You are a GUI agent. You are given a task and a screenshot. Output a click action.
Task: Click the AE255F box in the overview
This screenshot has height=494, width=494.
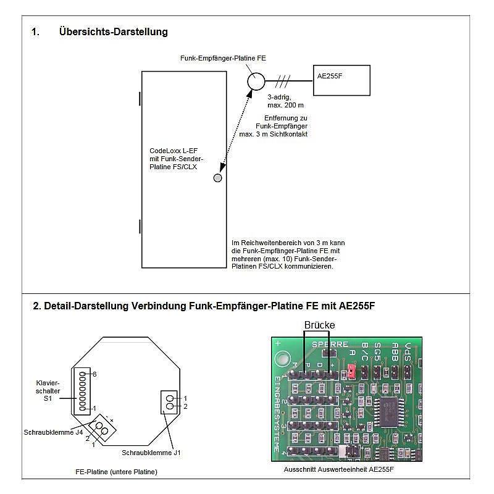[x=341, y=80]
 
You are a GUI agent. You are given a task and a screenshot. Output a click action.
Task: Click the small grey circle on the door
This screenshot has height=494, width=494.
[x=217, y=178]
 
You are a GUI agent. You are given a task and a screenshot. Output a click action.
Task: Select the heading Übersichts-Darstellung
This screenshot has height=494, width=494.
[x=113, y=31]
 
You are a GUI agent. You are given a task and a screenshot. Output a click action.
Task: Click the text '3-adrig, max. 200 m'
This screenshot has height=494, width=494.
[x=282, y=102]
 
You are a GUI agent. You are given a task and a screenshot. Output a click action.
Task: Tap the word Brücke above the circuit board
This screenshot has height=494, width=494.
[x=319, y=325]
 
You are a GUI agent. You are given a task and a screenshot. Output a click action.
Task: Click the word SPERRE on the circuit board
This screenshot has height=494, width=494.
[x=330, y=344]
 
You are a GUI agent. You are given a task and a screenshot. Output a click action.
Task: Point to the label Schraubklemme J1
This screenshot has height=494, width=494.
[x=152, y=453]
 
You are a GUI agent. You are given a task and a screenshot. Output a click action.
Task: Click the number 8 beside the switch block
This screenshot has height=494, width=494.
[x=94, y=374]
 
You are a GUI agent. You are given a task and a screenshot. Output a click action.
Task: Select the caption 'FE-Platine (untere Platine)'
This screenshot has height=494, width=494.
[x=116, y=472]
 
